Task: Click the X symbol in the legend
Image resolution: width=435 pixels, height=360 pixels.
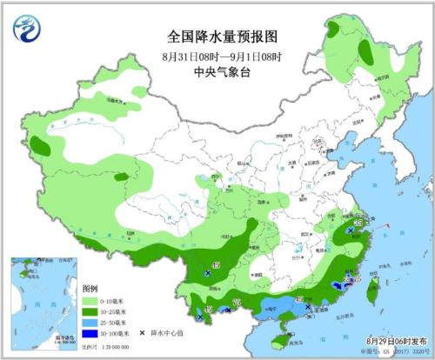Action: pyautogui.click(x=142, y=332)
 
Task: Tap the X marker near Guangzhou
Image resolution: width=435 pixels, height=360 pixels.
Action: pyautogui.click(x=307, y=306)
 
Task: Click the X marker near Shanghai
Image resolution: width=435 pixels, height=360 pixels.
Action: pyautogui.click(x=350, y=230)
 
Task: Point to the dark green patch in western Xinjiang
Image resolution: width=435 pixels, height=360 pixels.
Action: pyautogui.click(x=40, y=143)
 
